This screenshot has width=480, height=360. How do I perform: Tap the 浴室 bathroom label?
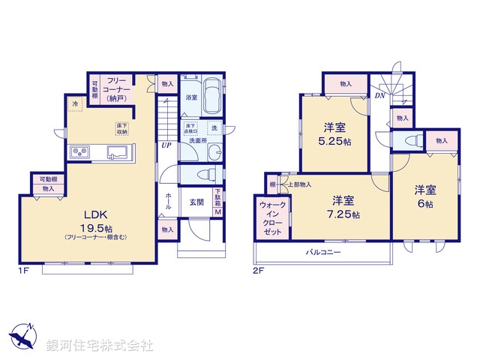190,97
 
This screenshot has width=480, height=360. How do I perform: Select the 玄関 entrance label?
196,202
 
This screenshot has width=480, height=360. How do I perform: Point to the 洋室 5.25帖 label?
335,133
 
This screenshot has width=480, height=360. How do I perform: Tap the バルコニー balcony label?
323,252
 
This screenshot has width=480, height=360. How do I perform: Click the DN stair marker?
381,96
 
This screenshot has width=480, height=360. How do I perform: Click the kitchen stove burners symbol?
80,153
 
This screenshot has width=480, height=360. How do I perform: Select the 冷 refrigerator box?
75,103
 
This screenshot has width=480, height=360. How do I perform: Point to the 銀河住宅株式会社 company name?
100,346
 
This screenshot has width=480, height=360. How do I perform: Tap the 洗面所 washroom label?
198,140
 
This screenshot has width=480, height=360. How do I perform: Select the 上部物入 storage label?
299,184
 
